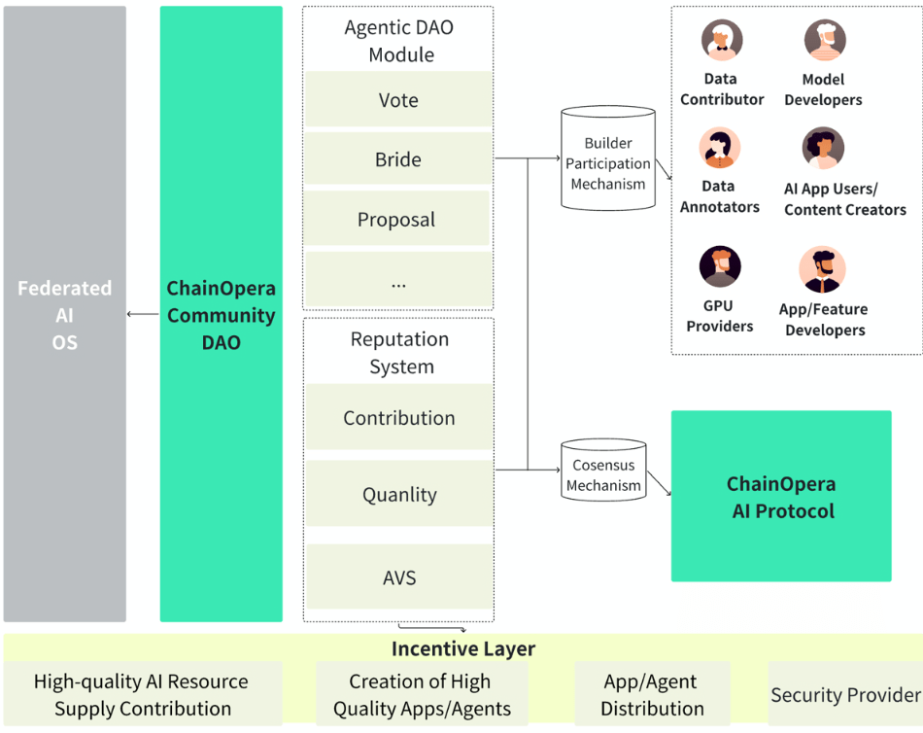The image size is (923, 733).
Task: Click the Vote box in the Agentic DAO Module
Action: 398,99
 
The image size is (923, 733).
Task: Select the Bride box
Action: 398,159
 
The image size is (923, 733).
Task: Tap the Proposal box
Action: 396,219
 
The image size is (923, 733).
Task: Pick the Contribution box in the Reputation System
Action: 398,418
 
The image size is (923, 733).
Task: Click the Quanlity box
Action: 398,495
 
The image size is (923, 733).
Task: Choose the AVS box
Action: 398,577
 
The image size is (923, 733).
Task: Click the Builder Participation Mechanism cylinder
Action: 608,160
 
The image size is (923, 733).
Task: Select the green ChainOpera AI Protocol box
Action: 781,496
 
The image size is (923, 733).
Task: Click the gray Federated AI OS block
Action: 64,314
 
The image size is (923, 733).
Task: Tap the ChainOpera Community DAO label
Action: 221,315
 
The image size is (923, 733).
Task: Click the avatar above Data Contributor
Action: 722,41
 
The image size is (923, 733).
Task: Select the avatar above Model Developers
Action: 824,41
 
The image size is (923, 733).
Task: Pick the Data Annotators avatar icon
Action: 719,149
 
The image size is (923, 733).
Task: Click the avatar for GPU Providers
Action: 720,267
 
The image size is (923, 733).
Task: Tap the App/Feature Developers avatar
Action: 823,270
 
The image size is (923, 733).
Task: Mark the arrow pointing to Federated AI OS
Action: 143,314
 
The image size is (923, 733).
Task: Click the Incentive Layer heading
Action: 462,648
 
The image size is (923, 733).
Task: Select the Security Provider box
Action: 845,694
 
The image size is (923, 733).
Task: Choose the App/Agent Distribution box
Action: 652,694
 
